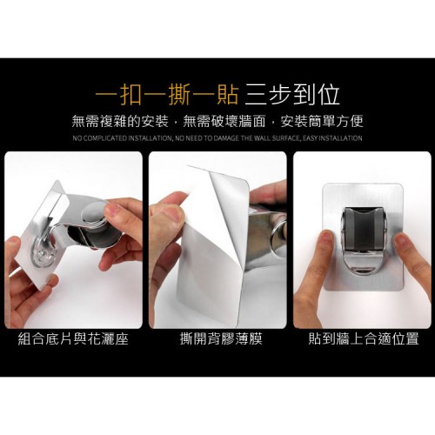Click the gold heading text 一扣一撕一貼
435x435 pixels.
pyautogui.click(x=167, y=95)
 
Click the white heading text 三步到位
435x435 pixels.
pyautogui.click(x=291, y=95)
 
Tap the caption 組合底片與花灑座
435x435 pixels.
pyautogui.click(x=73, y=338)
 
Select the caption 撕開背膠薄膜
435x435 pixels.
pyautogui.click(x=221, y=338)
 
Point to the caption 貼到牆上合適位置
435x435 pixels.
pyautogui.click(x=364, y=338)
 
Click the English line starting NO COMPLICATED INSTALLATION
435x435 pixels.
pyautogui.click(x=217, y=138)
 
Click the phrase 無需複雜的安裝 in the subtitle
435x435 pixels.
pyautogui.click(x=120, y=121)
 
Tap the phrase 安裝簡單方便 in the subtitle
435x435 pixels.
pyautogui.click(x=322, y=121)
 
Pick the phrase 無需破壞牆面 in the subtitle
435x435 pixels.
pyautogui.click(x=224, y=121)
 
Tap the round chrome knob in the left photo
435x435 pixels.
pyautogui.click(x=95, y=214)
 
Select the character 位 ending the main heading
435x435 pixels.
pyautogui.click(x=328, y=95)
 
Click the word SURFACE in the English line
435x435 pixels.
pyautogui.click(x=285, y=138)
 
